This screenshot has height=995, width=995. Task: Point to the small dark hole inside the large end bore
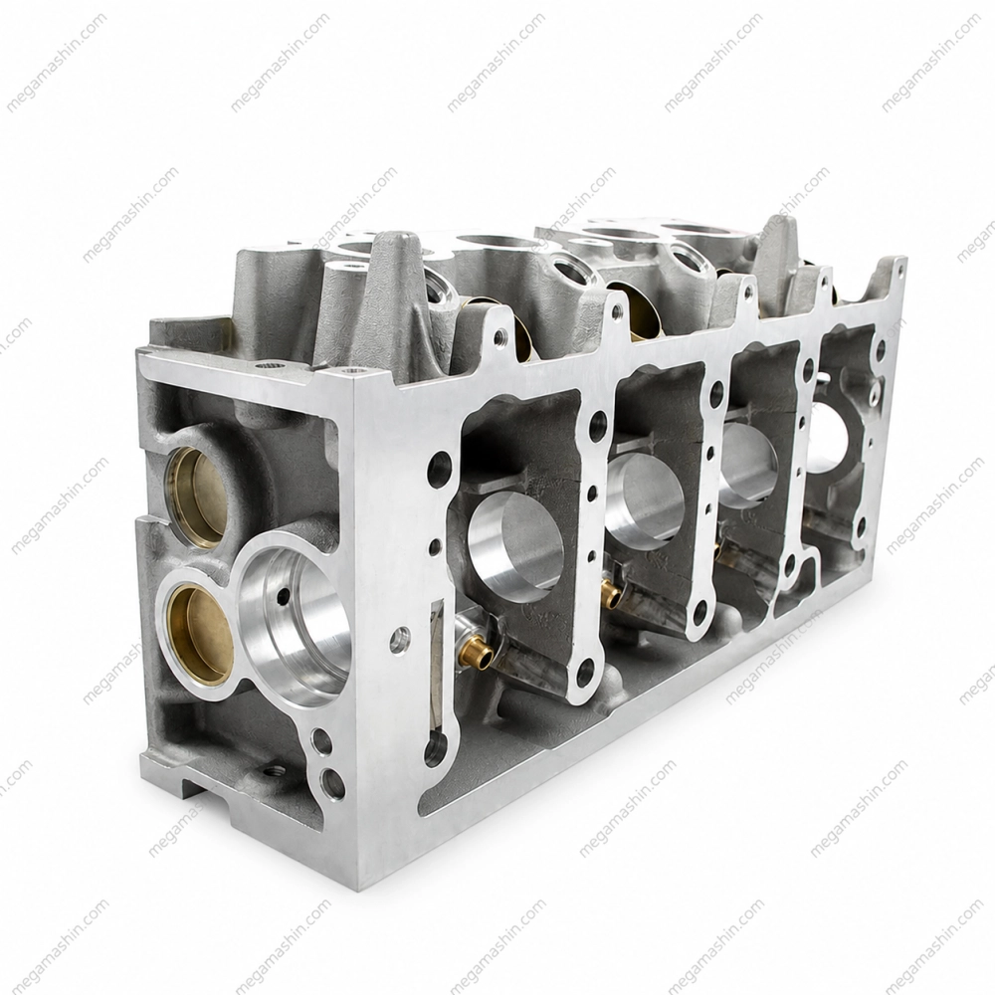[x=283, y=595]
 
